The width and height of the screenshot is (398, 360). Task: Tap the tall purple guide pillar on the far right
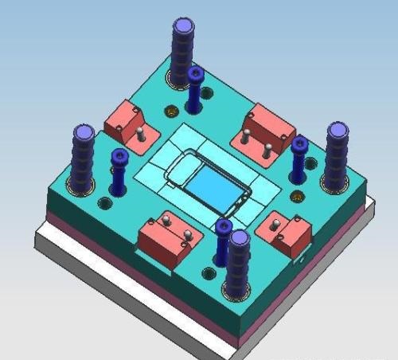[x=337, y=156]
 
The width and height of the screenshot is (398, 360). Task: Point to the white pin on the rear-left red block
[x=140, y=132]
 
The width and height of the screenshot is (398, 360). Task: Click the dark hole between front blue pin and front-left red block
[x=208, y=274]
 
